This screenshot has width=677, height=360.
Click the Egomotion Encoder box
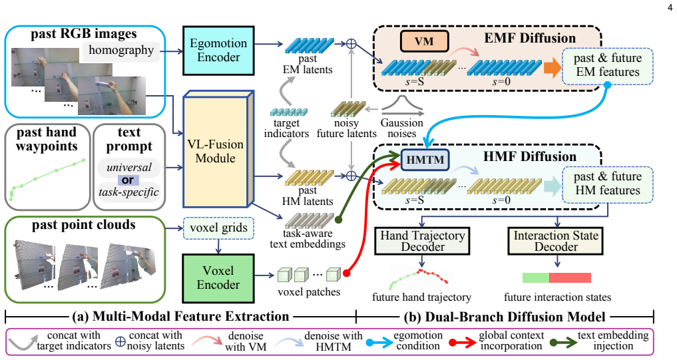click(x=218, y=51)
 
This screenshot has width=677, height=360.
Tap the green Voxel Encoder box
click(x=218, y=278)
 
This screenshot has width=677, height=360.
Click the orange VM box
click(x=425, y=41)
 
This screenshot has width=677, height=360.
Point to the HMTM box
click(x=425, y=160)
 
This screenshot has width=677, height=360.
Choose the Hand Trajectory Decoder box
click(x=422, y=242)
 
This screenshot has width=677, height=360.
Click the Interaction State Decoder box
click(x=556, y=242)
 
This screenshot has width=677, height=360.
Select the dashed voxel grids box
click(x=218, y=228)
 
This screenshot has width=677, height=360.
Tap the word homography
click(x=121, y=50)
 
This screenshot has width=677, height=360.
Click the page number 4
click(x=670, y=7)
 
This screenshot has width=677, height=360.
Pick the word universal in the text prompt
click(x=128, y=168)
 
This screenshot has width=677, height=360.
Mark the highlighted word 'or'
click(x=127, y=180)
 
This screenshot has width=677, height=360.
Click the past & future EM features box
click(x=608, y=65)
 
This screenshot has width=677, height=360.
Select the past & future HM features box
click(x=608, y=184)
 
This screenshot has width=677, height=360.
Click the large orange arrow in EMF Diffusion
click(x=553, y=68)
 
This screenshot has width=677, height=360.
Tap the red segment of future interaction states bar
click(x=570, y=277)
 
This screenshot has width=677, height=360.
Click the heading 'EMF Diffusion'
click(x=530, y=38)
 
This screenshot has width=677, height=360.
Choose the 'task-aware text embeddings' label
click(x=308, y=239)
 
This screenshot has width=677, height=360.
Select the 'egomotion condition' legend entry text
click(x=418, y=341)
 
